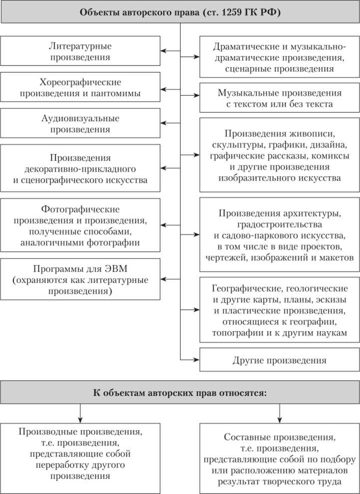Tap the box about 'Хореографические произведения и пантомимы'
point(80,87)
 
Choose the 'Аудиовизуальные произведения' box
point(80,124)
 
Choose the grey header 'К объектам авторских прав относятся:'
point(180,392)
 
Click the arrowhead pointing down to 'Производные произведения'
point(80,418)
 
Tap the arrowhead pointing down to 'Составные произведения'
point(280,418)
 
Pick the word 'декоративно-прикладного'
point(80,168)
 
